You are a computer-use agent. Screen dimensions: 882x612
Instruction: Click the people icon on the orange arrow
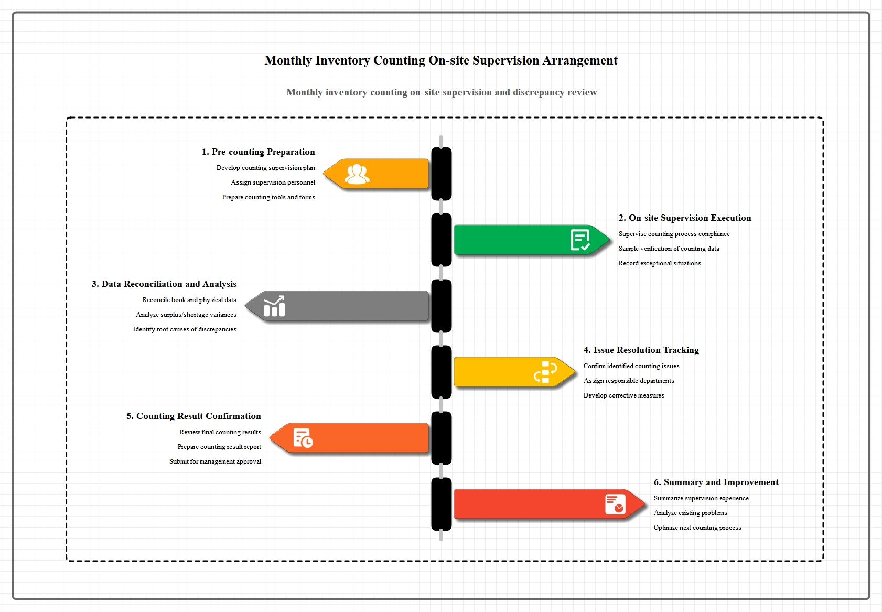(357, 174)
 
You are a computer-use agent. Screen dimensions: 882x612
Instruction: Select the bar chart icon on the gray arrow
(274, 306)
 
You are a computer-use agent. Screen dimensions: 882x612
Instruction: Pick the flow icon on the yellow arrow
(545, 372)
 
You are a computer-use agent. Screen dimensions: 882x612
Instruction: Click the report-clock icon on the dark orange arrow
(303, 438)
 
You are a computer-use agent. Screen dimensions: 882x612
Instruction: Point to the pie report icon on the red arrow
(615, 504)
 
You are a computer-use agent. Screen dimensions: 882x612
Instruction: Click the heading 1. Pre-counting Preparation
(259, 152)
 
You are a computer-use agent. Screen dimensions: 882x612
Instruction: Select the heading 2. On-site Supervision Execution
(685, 218)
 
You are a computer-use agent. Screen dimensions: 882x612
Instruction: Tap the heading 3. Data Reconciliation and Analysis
(164, 284)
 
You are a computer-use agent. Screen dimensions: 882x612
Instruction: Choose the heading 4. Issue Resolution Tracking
(641, 350)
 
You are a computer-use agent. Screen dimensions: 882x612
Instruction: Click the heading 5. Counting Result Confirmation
(193, 416)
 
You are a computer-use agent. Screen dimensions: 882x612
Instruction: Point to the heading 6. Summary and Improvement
(716, 482)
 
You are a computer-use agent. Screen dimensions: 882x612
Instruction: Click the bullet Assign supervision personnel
(273, 182)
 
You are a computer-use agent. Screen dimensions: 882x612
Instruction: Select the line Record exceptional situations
(660, 263)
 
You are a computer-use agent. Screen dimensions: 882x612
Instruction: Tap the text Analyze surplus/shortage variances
(186, 315)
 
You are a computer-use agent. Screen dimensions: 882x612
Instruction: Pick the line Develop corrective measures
(623, 395)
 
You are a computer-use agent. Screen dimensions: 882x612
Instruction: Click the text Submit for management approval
(215, 461)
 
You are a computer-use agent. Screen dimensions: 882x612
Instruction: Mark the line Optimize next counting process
(697, 528)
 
